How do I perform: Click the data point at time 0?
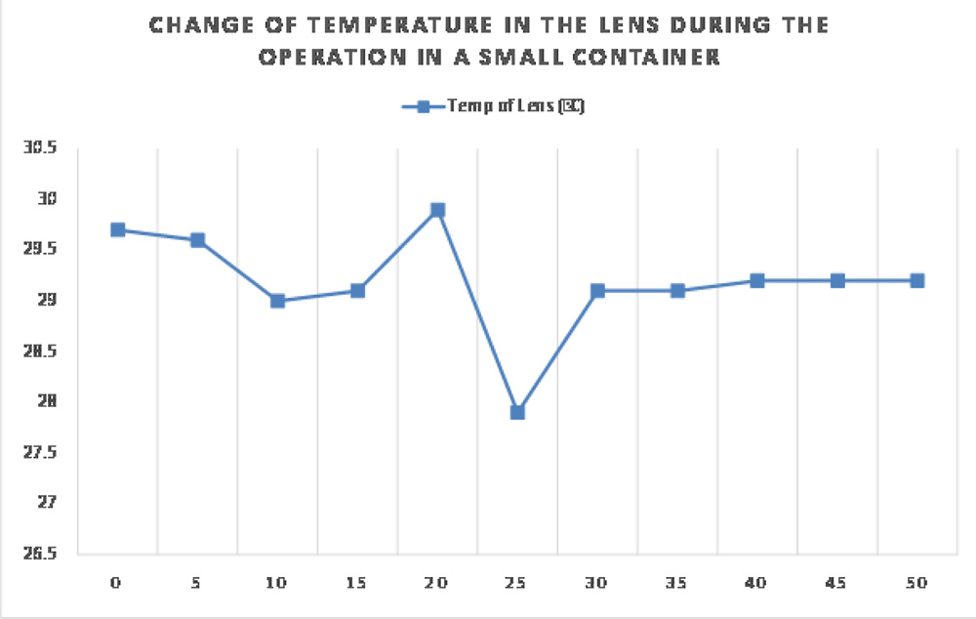pyautogui.click(x=118, y=230)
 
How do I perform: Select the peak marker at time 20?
pyautogui.click(x=437, y=210)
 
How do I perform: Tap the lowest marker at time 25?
pyautogui.click(x=517, y=412)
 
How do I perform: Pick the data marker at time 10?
pyautogui.click(x=277, y=301)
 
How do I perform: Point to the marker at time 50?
pyautogui.click(x=916, y=280)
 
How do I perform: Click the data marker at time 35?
pyautogui.click(x=676, y=291)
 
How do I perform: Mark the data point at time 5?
pyautogui.click(x=197, y=240)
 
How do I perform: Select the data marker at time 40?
pyautogui.click(x=756, y=280)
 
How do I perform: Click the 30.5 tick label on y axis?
pyautogui.click(x=40, y=148)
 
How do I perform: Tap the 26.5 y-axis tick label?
pyautogui.click(x=40, y=554)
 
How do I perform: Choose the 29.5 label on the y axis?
pyautogui.click(x=40, y=250)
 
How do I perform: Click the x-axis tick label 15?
pyautogui.click(x=356, y=583)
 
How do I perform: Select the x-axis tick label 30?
pyautogui.click(x=596, y=583)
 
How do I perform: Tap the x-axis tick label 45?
pyautogui.click(x=836, y=583)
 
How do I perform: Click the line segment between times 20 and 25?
pyautogui.click(x=477, y=310)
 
